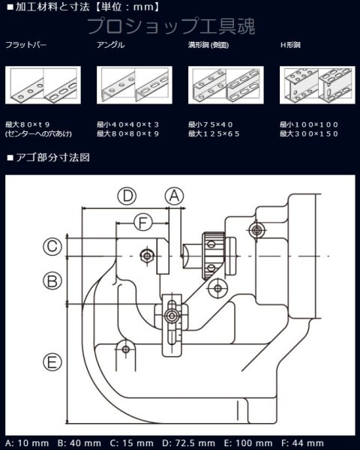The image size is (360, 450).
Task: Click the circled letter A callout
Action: tap(174, 196)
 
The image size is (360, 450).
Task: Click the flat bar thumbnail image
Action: tap(43, 85)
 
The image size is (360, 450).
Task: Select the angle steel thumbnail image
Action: tap(134, 85)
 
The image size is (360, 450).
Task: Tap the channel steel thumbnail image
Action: tap(225, 85)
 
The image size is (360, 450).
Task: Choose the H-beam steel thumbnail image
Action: tap(316, 85)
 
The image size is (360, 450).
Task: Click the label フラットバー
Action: tap(25, 46)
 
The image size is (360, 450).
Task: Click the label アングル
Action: tap(111, 46)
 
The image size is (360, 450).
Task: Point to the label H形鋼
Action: tap(290, 46)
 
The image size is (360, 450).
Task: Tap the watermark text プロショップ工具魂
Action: tap(171, 27)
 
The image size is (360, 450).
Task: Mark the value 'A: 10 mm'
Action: tap(26, 442)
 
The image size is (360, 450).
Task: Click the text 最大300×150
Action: tap(309, 133)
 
